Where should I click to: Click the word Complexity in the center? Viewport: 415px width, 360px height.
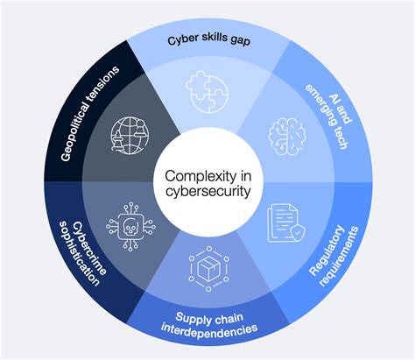coord(207,172)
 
